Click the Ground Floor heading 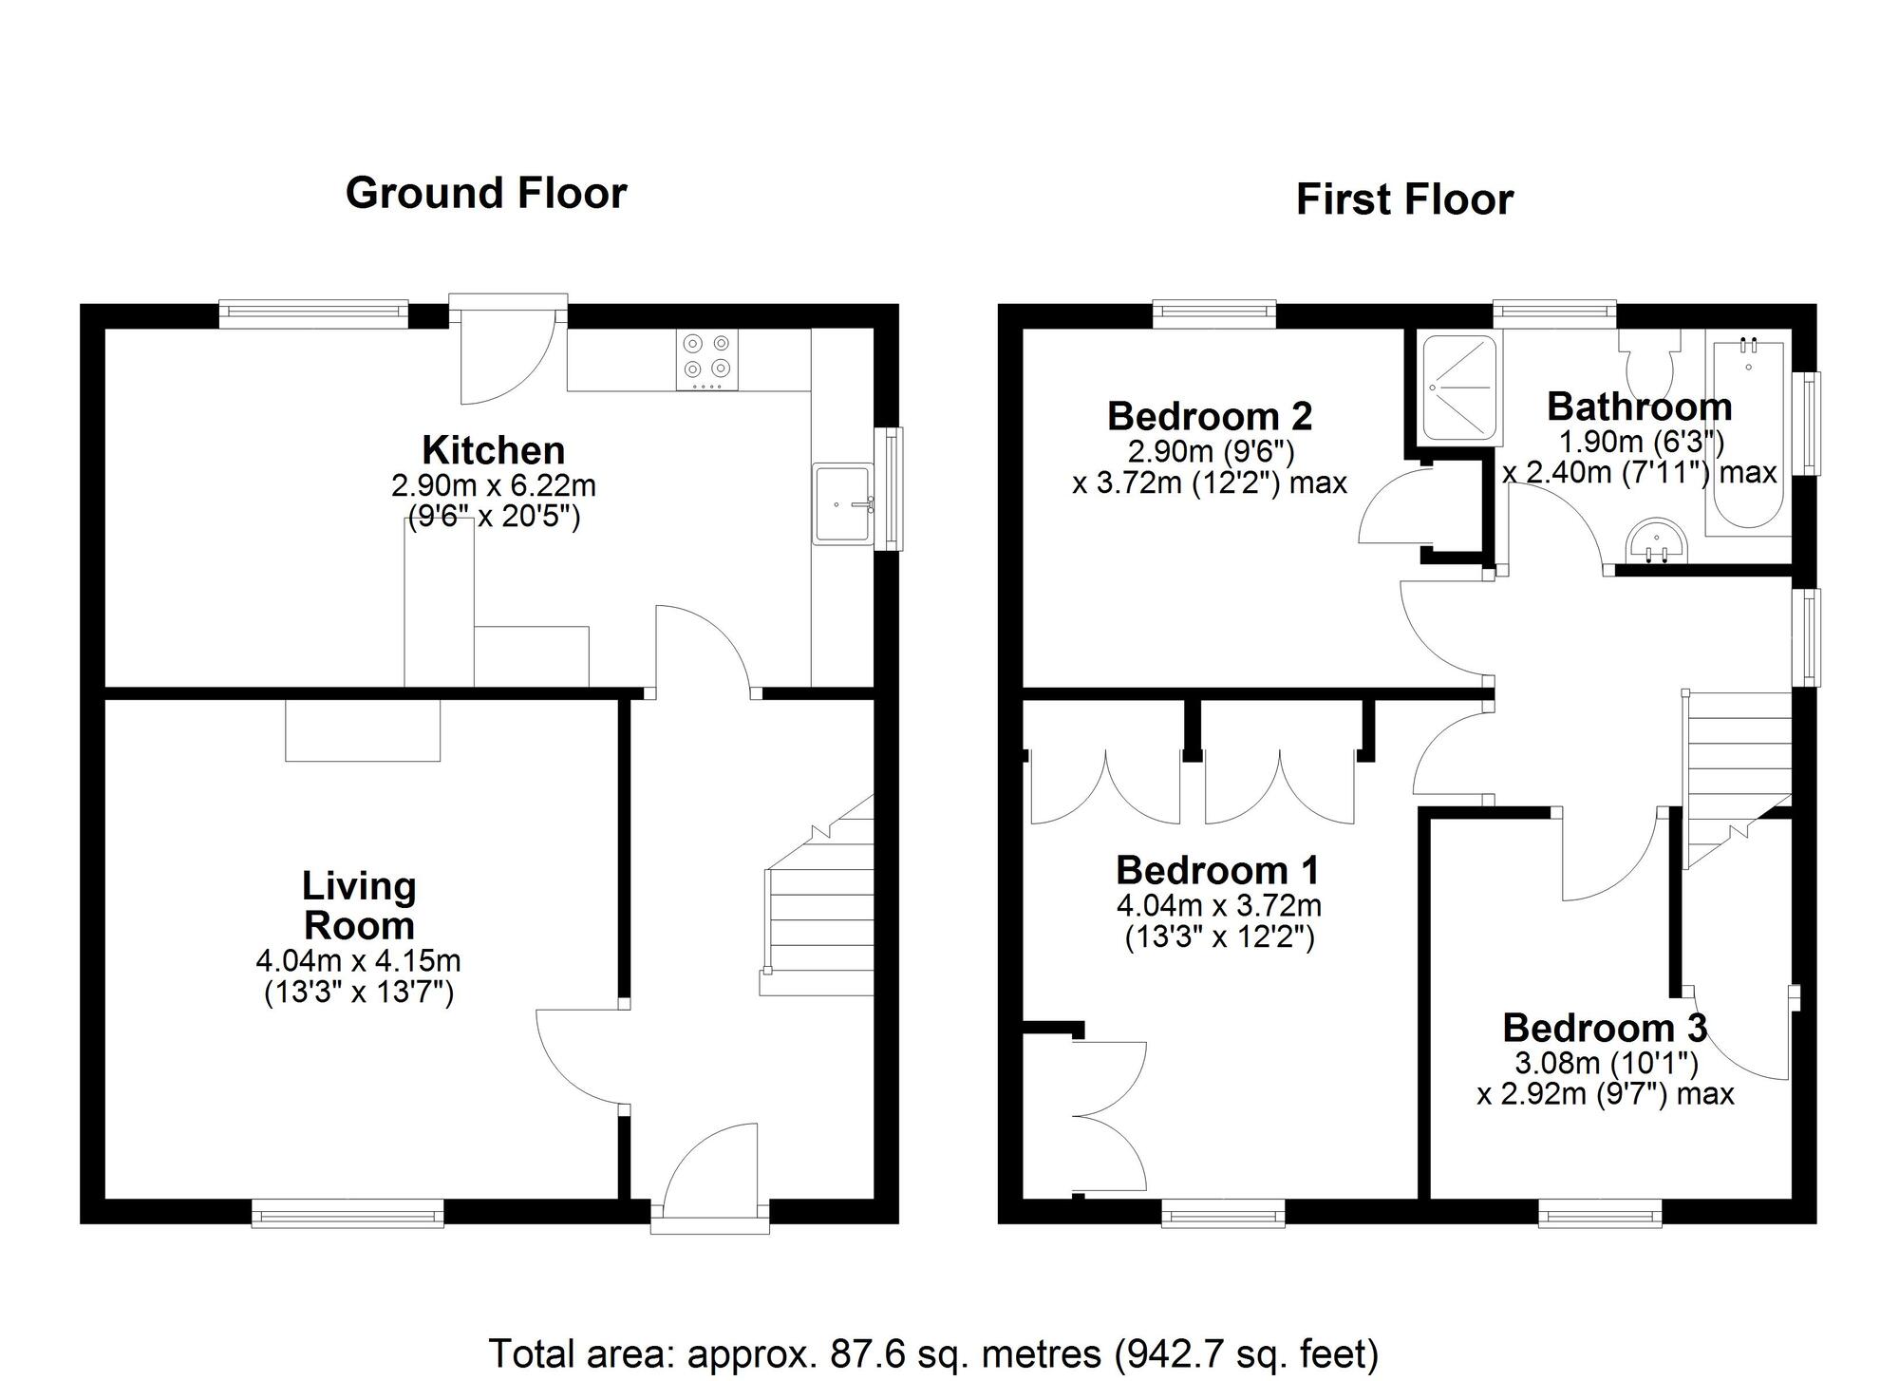pos(486,193)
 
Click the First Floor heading pos(1404,200)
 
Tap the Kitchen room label pos(494,450)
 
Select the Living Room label pos(359,906)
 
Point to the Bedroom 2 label pos(1210,416)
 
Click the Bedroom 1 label pos(1218,870)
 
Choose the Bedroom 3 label pos(1606,1028)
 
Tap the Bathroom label pos(1640,407)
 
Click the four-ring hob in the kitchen pos(707,359)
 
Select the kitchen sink pos(843,503)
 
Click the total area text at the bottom pos(933,1353)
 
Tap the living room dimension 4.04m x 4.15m pos(358,960)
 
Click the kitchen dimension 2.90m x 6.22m pos(494,485)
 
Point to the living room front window pos(348,1213)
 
